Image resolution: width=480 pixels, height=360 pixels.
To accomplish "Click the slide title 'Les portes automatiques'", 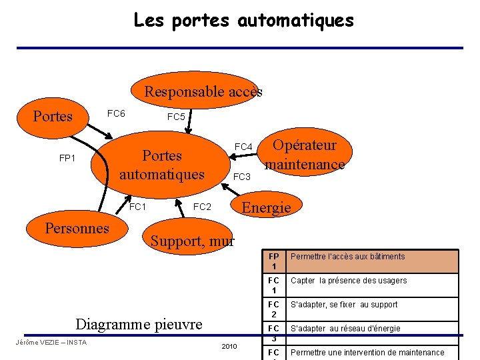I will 243,20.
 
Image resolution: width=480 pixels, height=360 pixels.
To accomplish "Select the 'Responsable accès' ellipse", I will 203,91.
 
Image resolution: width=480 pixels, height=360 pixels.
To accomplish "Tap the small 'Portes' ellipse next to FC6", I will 53,116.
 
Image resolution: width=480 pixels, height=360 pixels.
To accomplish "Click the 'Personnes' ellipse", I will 77,228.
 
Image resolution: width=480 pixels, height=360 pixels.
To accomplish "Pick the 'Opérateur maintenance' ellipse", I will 305,155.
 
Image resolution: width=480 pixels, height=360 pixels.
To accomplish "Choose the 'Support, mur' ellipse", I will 192,241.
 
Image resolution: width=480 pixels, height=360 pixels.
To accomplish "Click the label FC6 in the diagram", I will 116,113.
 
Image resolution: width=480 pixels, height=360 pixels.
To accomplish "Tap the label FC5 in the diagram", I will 176,117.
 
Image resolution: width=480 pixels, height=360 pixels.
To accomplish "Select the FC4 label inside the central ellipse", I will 243,147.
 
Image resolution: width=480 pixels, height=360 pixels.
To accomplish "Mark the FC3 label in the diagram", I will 241,177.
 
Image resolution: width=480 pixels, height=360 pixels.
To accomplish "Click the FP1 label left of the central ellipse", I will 67,159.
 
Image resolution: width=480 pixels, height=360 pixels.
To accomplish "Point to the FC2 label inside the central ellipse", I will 202,207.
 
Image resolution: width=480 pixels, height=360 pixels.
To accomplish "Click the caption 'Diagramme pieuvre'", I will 139,324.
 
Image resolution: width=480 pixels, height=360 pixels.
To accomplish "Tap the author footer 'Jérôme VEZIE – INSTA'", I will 51,343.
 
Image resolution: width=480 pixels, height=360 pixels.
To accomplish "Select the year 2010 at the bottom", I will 229,347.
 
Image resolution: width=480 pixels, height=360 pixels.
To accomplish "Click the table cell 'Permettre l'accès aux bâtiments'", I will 347,257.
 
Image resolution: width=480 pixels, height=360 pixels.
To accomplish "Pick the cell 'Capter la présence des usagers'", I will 348,281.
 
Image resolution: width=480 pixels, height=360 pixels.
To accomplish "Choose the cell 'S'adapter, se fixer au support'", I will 343,305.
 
